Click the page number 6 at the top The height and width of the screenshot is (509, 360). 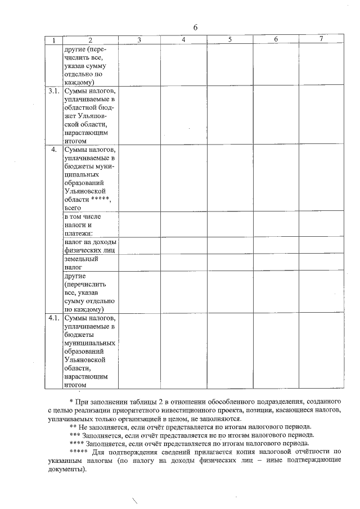click(195, 28)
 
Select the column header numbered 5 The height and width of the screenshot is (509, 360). click(230, 39)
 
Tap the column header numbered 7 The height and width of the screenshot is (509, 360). click(321, 39)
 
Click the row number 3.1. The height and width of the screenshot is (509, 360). click(54, 91)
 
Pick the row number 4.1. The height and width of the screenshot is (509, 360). click(54, 318)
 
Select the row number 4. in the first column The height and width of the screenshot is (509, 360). click(54, 150)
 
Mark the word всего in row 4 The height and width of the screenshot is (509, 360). click(74, 208)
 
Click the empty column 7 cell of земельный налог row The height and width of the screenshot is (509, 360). click(321, 263)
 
